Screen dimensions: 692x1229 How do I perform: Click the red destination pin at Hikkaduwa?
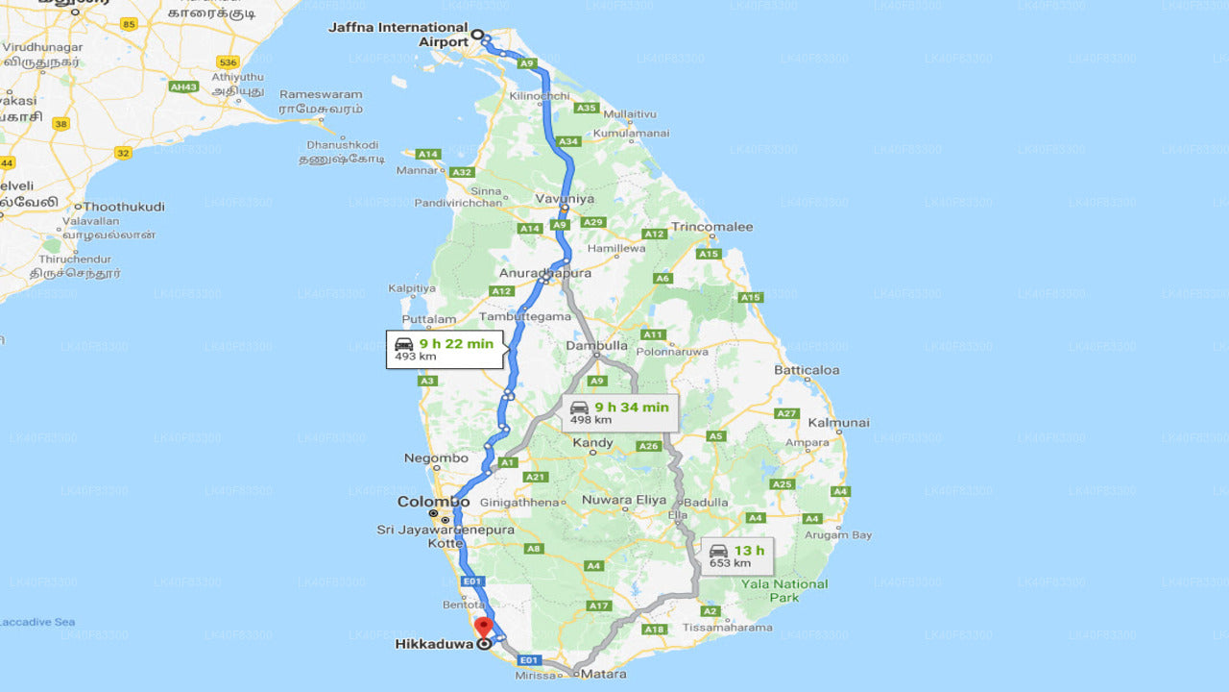point(484,629)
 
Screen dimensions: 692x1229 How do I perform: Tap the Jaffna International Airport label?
point(398,35)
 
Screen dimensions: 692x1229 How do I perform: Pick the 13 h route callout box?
point(736,556)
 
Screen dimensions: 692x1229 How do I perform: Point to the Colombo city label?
point(434,502)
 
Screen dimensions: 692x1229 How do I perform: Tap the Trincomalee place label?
point(711,227)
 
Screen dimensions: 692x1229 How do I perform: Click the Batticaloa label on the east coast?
point(807,370)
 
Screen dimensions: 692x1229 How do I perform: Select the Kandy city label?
point(592,443)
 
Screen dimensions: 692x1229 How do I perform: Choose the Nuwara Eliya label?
point(624,500)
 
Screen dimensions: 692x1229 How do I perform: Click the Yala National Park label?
point(785,590)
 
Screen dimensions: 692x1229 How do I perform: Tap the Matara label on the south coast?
point(605,674)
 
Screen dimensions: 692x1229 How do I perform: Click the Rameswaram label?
point(321,94)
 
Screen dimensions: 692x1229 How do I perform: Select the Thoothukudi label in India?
point(124,207)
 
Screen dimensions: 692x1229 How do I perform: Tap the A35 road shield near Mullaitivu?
point(587,108)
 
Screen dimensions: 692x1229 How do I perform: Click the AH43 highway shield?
point(182,86)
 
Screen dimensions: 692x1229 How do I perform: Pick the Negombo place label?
point(436,458)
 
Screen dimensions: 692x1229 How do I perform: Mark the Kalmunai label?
point(838,422)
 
